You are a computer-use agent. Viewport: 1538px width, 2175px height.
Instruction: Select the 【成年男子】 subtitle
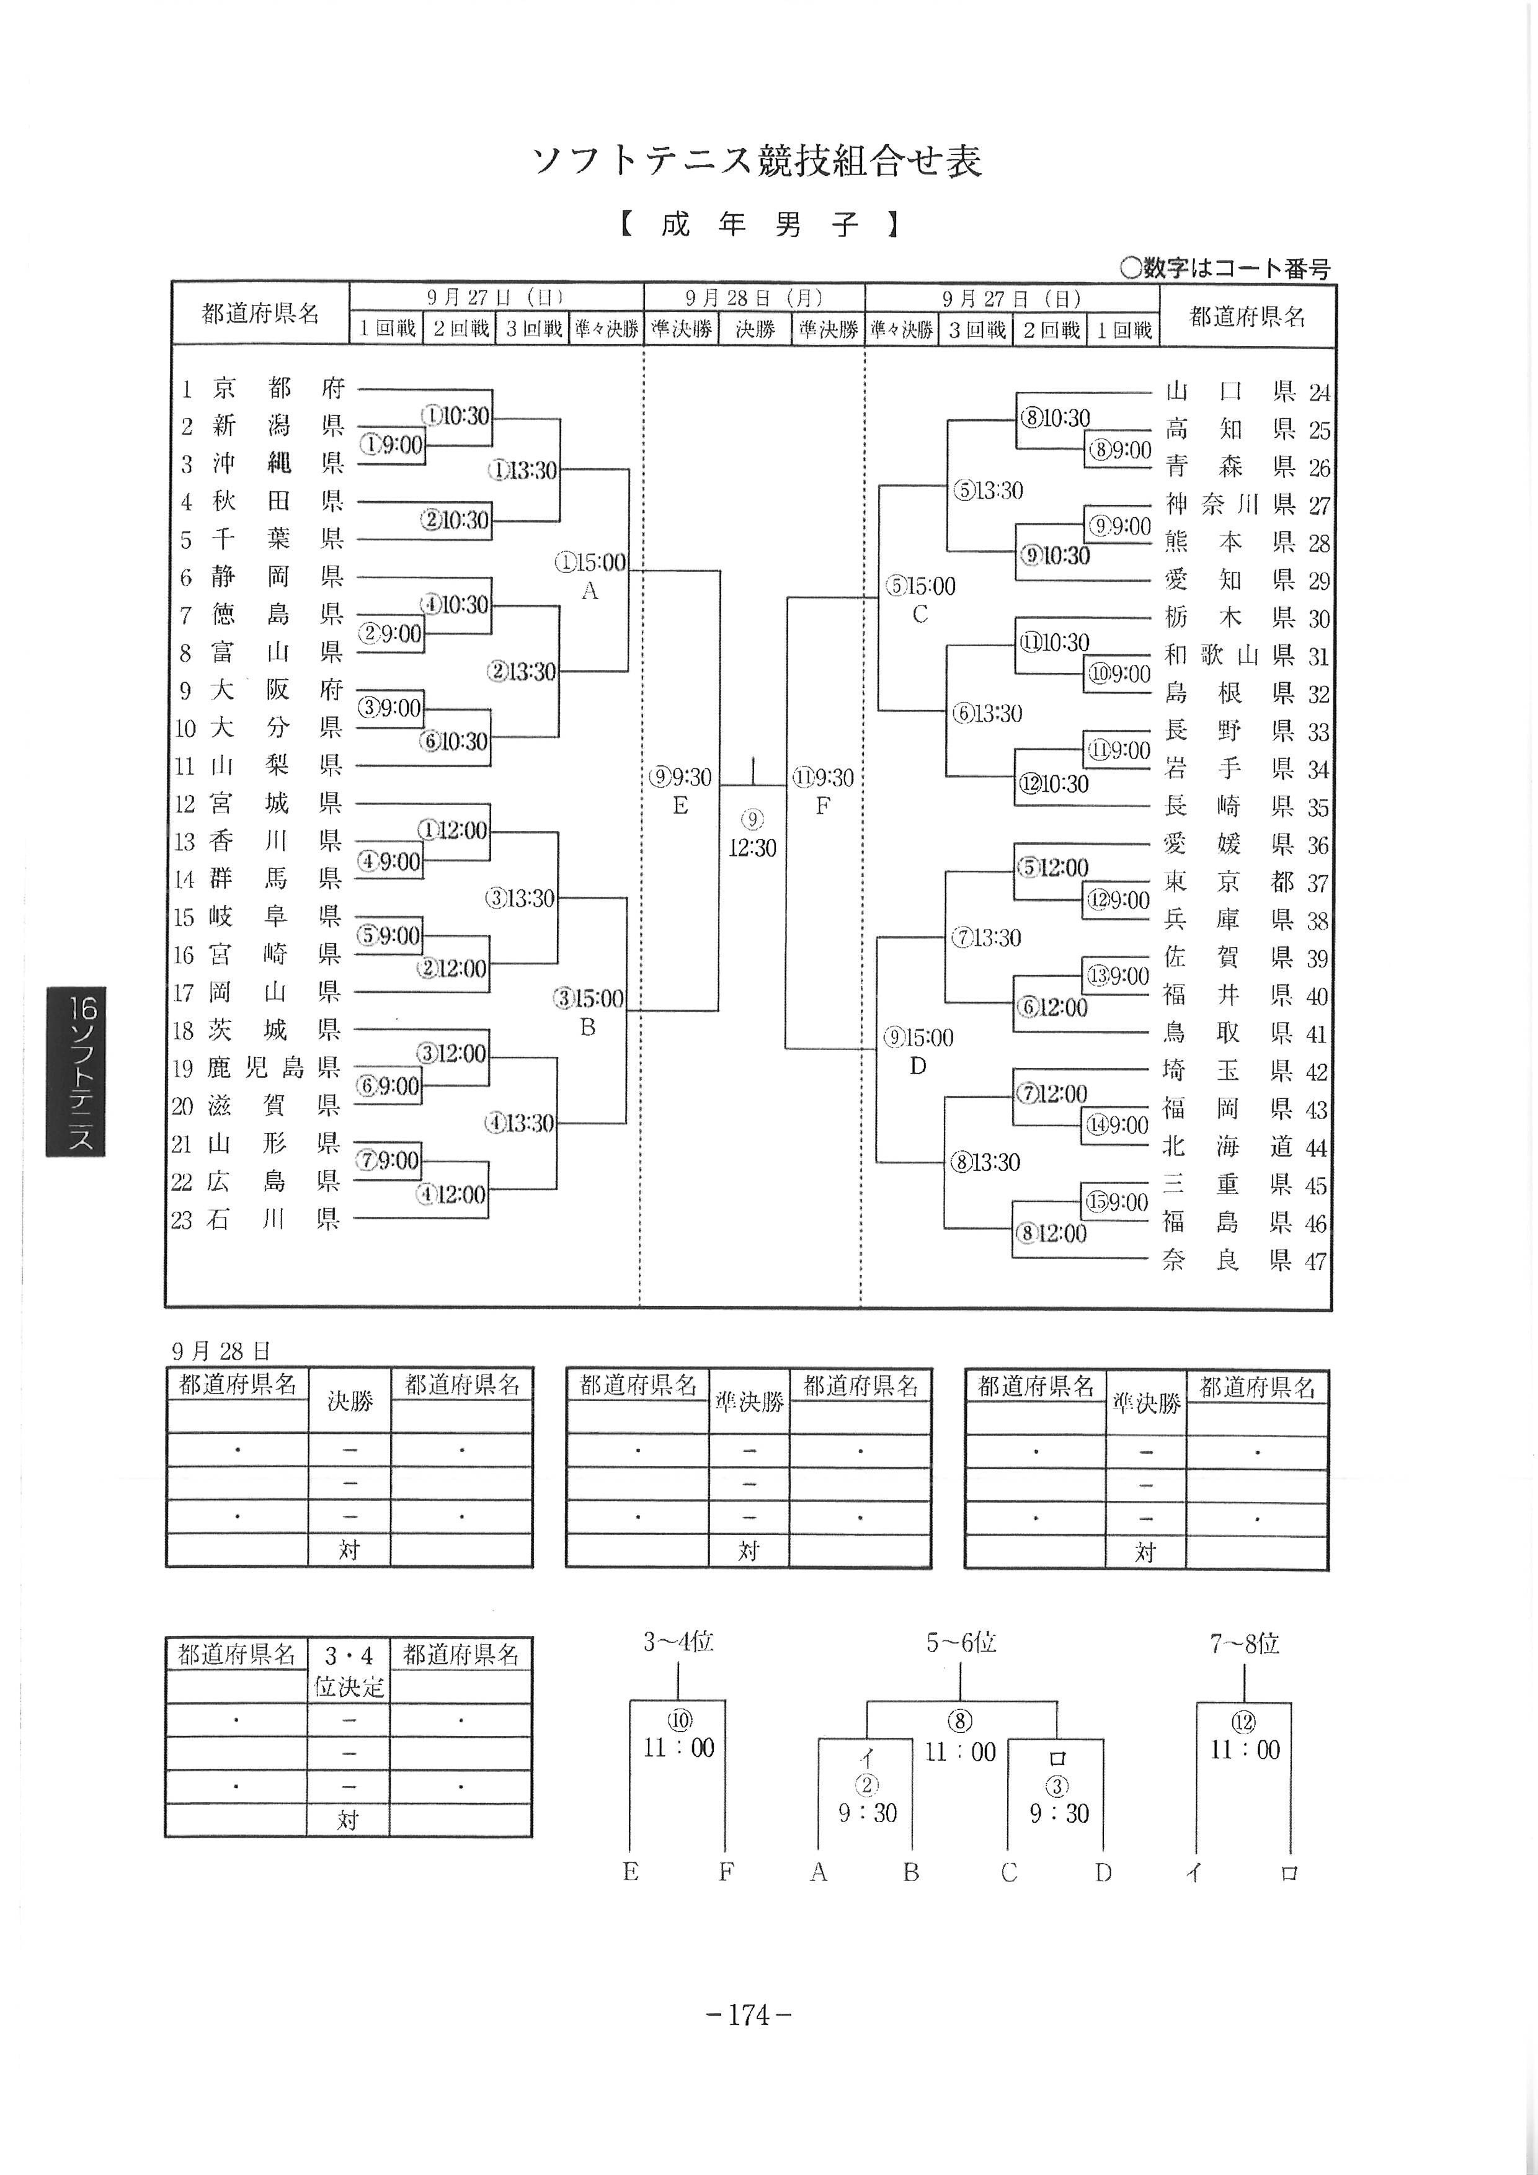click(x=758, y=225)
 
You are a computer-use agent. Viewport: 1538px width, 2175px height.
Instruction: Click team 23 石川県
click(x=256, y=1219)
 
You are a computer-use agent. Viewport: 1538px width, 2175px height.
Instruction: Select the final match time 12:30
click(x=752, y=848)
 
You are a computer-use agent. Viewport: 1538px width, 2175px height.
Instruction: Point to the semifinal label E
click(x=680, y=806)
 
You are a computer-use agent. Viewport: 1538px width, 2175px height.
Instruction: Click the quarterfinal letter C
click(x=920, y=615)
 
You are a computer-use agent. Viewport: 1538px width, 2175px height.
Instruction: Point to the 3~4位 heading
click(x=678, y=1642)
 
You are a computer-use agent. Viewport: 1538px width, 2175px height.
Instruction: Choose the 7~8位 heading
click(x=1243, y=1643)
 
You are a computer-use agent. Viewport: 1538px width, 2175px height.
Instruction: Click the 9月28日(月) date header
click(x=754, y=298)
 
